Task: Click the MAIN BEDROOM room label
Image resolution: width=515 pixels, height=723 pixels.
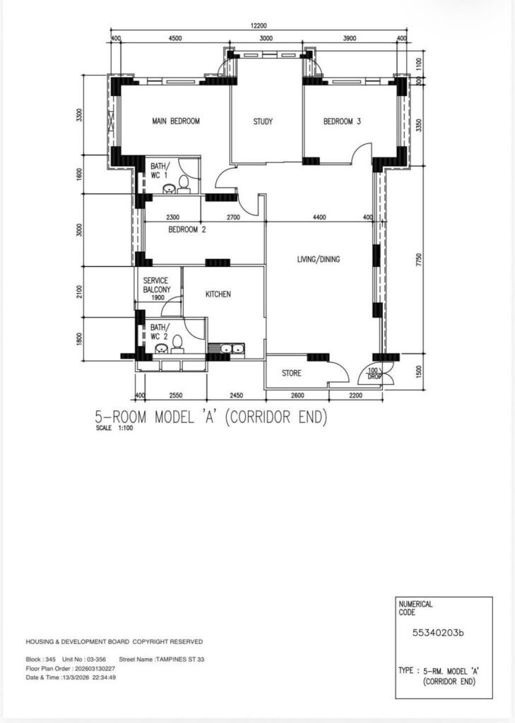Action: tap(176, 121)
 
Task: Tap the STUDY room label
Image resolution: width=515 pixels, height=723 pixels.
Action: tap(263, 121)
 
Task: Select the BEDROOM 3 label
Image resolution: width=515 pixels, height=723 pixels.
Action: tap(342, 121)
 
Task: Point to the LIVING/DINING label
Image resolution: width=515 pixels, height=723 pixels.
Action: tap(319, 259)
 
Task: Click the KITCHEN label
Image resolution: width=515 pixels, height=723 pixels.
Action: tap(218, 294)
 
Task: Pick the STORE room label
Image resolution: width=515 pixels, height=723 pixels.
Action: tap(292, 373)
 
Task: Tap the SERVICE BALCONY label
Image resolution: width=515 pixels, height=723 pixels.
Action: tap(156, 285)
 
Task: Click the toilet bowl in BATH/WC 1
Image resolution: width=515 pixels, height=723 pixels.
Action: tap(184, 184)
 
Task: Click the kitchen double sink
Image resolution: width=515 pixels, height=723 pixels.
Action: tap(232, 349)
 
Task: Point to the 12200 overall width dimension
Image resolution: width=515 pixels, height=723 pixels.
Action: tap(259, 26)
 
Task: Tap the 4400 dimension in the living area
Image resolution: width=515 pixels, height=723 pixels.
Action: tap(319, 217)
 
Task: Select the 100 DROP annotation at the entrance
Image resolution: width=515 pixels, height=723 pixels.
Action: tap(373, 374)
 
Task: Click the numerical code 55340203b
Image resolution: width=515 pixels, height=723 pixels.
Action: tap(438, 633)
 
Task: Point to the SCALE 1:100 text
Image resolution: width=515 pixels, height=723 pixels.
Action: tap(114, 428)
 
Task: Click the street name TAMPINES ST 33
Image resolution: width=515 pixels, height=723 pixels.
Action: tap(179, 659)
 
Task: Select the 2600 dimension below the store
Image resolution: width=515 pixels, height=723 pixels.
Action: tap(297, 395)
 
